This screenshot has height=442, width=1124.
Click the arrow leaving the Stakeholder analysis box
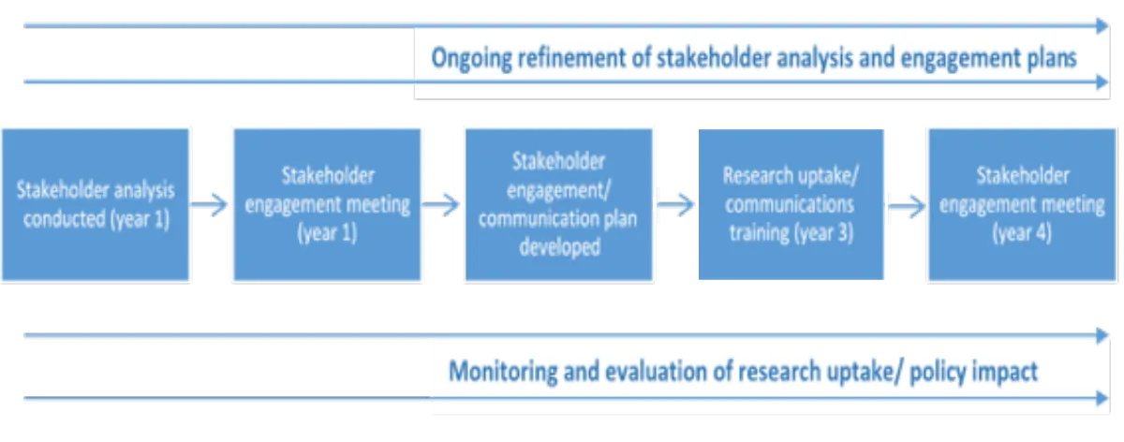[x=212, y=203]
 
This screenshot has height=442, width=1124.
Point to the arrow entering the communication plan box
[x=442, y=203]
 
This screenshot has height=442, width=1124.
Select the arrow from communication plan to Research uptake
[x=675, y=203]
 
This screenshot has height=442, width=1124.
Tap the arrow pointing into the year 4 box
[x=905, y=204]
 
